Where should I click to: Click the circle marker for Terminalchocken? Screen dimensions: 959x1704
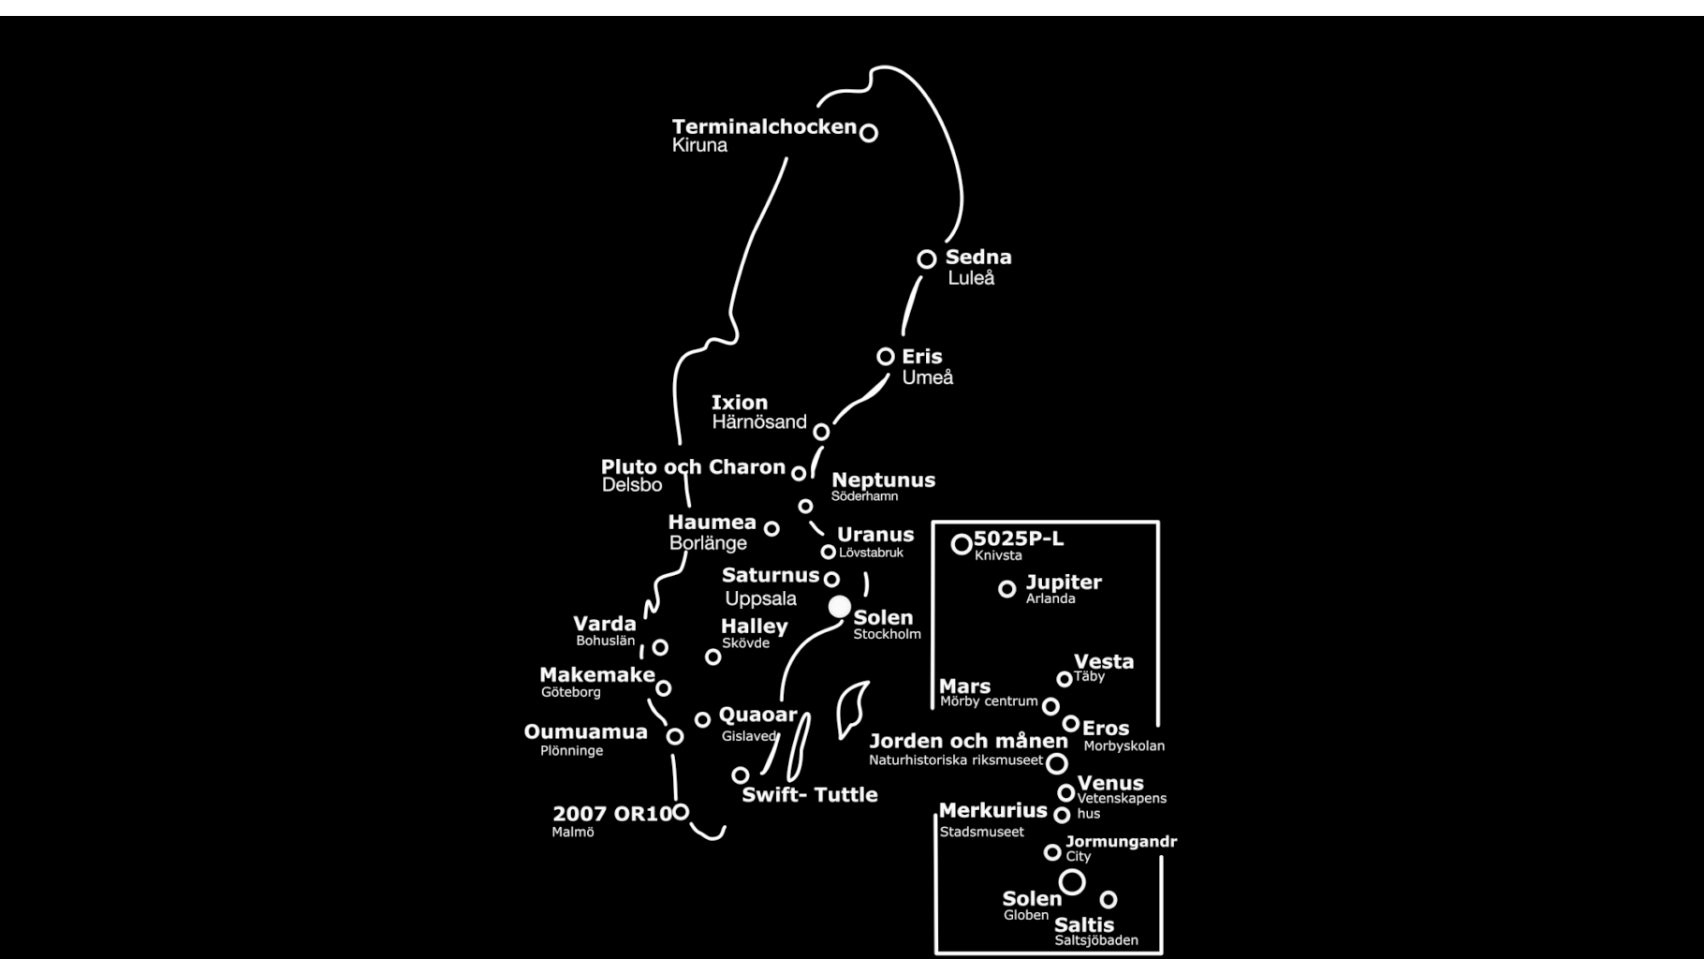pyautogui.click(x=869, y=133)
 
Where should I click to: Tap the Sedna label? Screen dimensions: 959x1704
pyautogui.click(x=978, y=257)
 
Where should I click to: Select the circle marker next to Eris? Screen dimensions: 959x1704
pyautogui.click(x=886, y=357)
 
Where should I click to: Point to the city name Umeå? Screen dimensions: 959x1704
pyautogui.click(x=927, y=377)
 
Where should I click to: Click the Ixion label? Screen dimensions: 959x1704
pyautogui.click(x=740, y=403)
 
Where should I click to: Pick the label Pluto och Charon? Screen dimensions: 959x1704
pyautogui.click(x=693, y=466)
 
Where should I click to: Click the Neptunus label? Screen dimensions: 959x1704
pyautogui.click(x=883, y=479)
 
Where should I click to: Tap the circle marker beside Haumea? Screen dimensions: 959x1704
pyautogui.click(x=771, y=529)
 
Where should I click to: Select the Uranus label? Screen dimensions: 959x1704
pyautogui.click(x=875, y=535)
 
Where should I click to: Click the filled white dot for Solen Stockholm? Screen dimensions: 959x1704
pyautogui.click(x=840, y=607)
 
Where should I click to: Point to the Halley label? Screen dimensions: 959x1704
pyautogui.click(x=755, y=627)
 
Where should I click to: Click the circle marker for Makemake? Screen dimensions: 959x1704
pyautogui.click(x=664, y=688)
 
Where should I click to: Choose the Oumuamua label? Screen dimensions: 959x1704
pyautogui.click(x=585, y=732)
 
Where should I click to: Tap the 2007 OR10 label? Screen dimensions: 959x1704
pyautogui.click(x=612, y=814)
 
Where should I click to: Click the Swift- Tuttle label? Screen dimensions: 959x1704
pyautogui.click(x=810, y=795)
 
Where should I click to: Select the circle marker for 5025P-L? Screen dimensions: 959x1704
pyautogui.click(x=962, y=544)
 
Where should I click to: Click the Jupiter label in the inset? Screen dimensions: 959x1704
pyautogui.click(x=1064, y=583)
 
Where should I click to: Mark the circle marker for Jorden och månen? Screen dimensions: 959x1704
pyautogui.click(x=1057, y=763)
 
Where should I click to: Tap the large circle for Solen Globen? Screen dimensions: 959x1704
pyautogui.click(x=1072, y=881)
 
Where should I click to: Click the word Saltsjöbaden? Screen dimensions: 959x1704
pyautogui.click(x=1096, y=940)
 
